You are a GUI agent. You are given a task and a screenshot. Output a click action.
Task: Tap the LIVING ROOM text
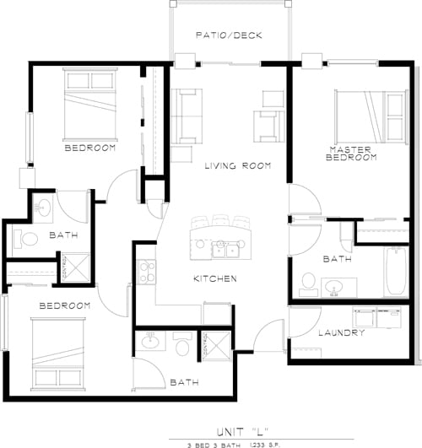coord(237,166)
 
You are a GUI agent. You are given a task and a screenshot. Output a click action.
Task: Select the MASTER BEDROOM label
coord(352,154)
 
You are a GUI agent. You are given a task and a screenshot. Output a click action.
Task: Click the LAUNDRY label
coord(342,333)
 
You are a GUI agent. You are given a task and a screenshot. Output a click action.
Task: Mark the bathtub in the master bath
coord(396,272)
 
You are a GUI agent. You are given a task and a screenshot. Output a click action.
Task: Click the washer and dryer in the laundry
coord(376,320)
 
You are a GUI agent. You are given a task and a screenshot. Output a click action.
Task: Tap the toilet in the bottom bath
coord(182,344)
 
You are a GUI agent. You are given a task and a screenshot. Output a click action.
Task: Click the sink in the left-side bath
coord(43,208)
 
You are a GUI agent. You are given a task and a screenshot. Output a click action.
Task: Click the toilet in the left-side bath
coord(25,239)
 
